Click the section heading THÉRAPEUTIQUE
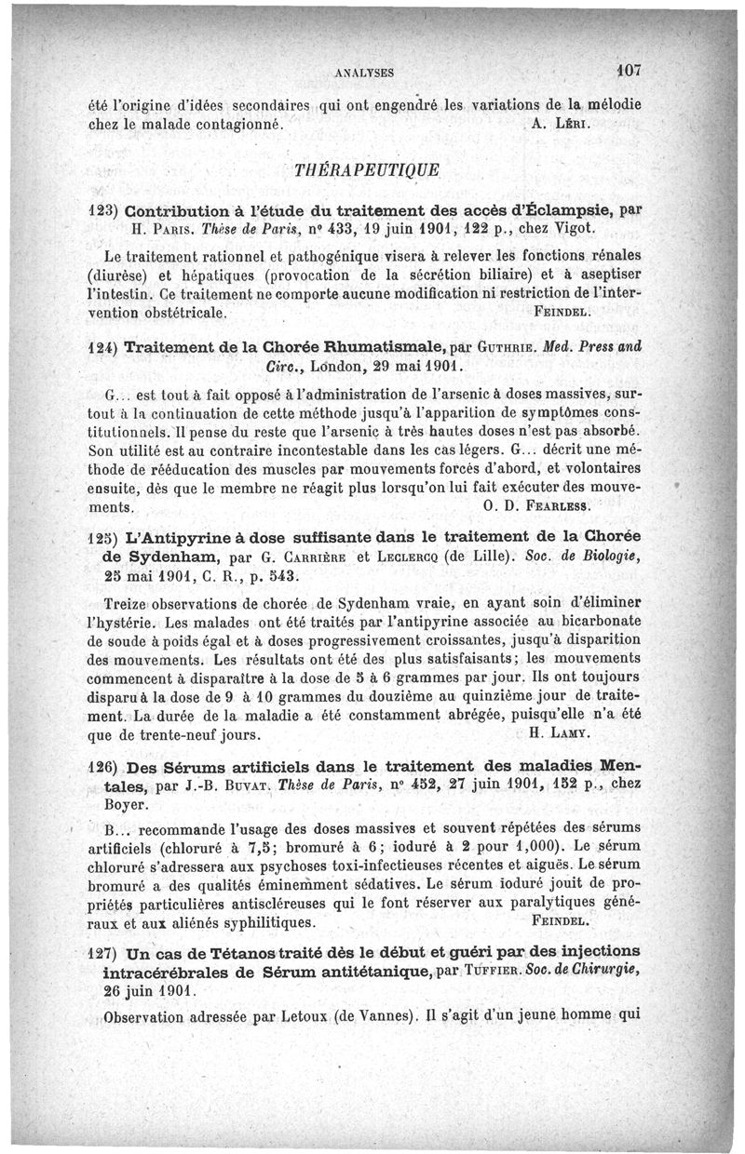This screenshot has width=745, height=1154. pyautogui.click(x=372, y=171)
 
